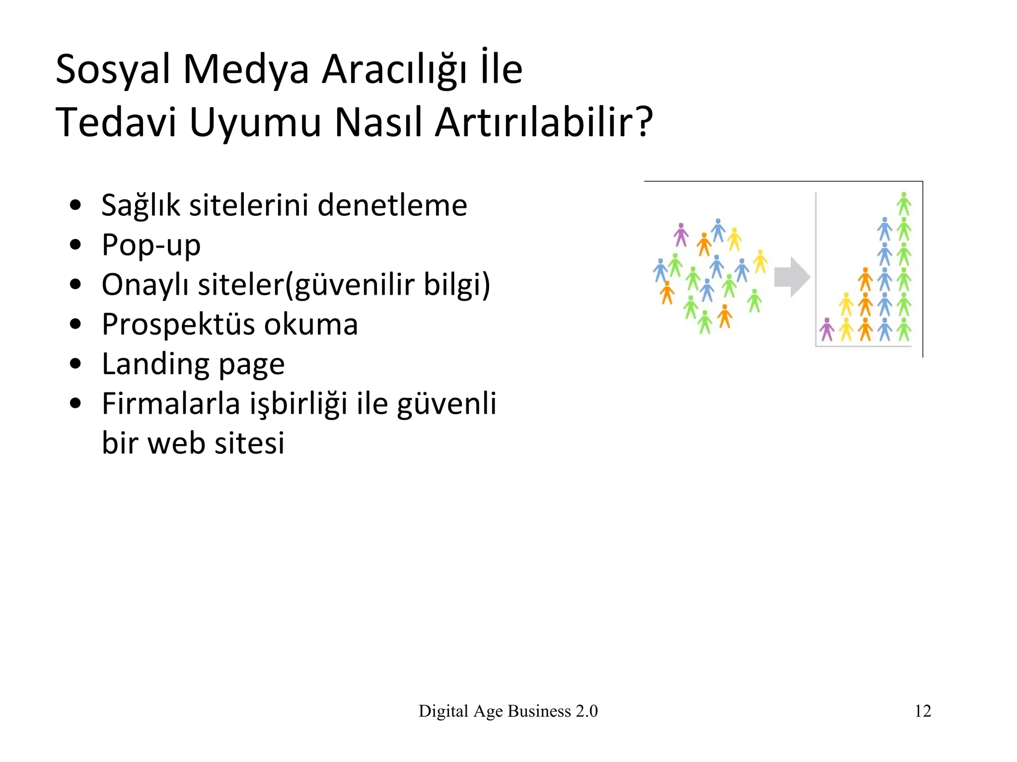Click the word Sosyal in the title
(x=113, y=69)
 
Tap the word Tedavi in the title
(x=116, y=122)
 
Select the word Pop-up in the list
(x=151, y=245)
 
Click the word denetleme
(x=392, y=205)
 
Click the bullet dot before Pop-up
(x=75, y=245)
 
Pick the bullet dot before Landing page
(x=75, y=364)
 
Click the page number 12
(x=923, y=711)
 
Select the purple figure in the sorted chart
(x=827, y=330)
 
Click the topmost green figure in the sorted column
(x=904, y=204)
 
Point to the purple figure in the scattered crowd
(x=681, y=235)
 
